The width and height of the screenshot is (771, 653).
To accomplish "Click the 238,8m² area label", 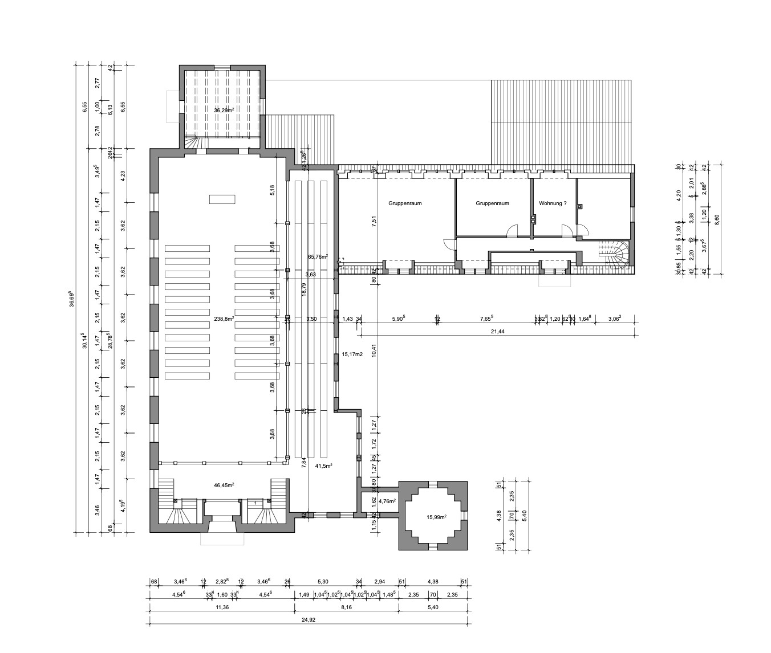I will pyautogui.click(x=223, y=319).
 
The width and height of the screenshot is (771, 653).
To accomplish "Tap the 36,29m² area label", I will pyautogui.click(x=224, y=109).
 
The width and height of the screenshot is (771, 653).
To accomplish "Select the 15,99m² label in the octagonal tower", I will pyautogui.click(x=436, y=517).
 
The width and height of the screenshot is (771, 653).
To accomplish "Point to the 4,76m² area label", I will pyautogui.click(x=387, y=502).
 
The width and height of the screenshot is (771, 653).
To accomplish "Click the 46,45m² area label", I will pyautogui.click(x=224, y=485).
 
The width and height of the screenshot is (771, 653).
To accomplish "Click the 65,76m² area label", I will pyautogui.click(x=318, y=257).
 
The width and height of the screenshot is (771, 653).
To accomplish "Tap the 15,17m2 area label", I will pyautogui.click(x=352, y=354).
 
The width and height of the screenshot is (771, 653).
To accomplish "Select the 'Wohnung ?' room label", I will pyautogui.click(x=553, y=203).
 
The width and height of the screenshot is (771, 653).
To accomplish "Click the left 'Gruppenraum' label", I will pyautogui.click(x=405, y=203).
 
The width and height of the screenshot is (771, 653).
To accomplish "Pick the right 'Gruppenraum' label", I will pyautogui.click(x=492, y=203).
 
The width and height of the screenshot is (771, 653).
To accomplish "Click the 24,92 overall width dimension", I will pyautogui.click(x=309, y=620).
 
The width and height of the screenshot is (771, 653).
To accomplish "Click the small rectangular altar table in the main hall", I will pyautogui.click(x=222, y=199).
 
